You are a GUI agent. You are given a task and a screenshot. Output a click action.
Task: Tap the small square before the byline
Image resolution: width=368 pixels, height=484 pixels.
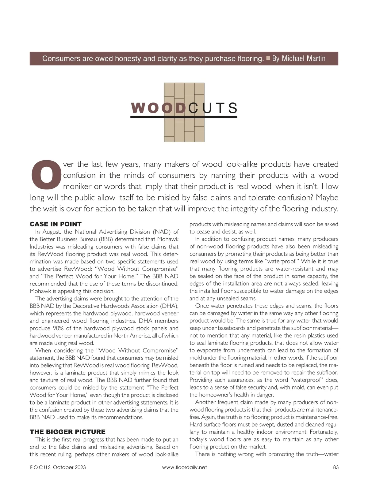268,58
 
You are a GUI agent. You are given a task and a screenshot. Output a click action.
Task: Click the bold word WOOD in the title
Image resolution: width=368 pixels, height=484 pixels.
159,108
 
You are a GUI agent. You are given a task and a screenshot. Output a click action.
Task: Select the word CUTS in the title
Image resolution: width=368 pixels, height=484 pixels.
213,108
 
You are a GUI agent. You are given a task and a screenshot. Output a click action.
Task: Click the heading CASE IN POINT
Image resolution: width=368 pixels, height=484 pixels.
56,224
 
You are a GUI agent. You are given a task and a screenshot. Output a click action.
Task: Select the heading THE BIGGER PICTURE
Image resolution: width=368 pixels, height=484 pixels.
67,432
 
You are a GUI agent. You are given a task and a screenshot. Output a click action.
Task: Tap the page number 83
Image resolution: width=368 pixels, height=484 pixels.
335,467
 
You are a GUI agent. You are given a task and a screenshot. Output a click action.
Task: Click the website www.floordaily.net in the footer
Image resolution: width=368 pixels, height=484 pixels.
184,467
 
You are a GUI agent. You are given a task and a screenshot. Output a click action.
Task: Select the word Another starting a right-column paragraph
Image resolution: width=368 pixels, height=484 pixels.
205,402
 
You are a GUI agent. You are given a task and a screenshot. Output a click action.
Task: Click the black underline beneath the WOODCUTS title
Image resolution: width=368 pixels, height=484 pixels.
184,117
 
